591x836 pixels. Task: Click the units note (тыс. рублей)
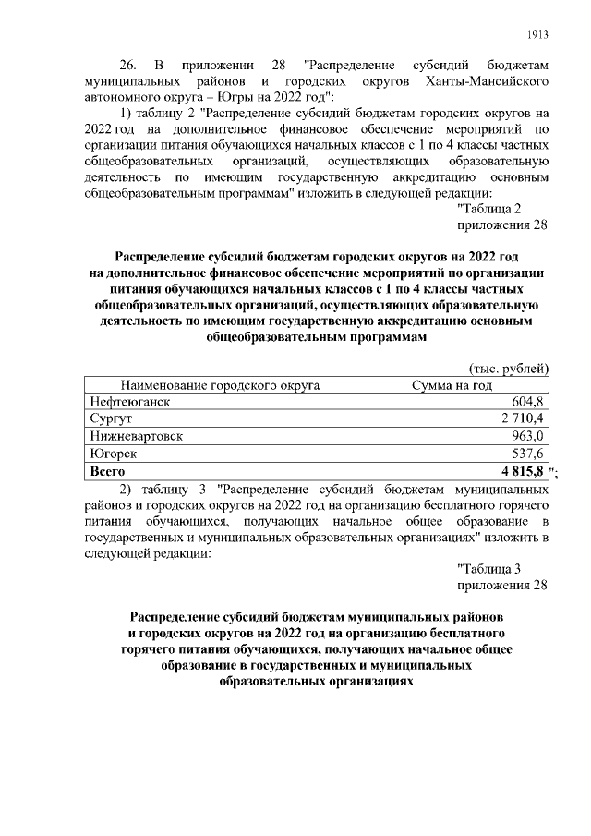[510, 367]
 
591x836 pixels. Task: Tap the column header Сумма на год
[452, 384]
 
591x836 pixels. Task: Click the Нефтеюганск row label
[130, 402]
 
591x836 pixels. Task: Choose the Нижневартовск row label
[137, 436]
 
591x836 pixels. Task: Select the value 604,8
[528, 402]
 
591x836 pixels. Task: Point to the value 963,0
[528, 436]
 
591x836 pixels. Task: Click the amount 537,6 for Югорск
[528, 453]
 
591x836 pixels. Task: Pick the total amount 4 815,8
[520, 470]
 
